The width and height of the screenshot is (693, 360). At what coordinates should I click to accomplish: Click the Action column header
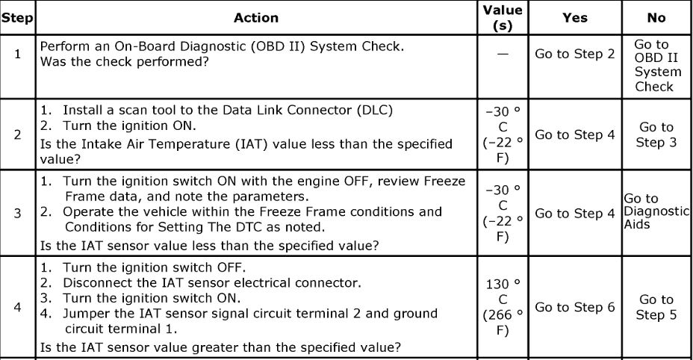(x=255, y=18)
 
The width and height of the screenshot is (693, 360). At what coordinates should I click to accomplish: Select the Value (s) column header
(x=503, y=17)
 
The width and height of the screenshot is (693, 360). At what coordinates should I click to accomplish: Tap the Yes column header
(x=574, y=18)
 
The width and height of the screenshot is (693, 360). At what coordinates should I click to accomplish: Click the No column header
(x=656, y=18)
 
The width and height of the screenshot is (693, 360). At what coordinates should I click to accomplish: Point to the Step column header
(x=17, y=18)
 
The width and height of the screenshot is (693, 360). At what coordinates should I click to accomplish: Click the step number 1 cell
(x=17, y=54)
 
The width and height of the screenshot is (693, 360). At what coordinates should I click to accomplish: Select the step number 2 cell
(x=17, y=135)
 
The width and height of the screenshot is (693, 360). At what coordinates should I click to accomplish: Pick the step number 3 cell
(x=17, y=214)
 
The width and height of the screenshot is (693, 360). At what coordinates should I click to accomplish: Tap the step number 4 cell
(x=17, y=306)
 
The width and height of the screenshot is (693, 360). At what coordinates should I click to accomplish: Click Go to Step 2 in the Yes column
(x=574, y=54)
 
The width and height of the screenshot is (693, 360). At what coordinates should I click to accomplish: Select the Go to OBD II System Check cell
(x=656, y=66)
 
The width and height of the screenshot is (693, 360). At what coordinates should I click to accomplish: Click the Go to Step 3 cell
(x=656, y=135)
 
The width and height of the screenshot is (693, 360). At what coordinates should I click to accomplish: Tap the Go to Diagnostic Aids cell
(x=656, y=211)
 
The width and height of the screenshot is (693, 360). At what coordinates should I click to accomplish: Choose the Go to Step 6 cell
(x=574, y=307)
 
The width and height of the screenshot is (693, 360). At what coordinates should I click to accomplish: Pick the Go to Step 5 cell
(x=656, y=307)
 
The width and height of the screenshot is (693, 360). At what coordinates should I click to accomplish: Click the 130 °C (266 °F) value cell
(x=503, y=307)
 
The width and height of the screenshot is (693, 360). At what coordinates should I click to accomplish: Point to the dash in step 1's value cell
(x=503, y=55)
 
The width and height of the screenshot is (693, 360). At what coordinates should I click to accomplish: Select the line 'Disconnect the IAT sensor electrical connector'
(x=212, y=282)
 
